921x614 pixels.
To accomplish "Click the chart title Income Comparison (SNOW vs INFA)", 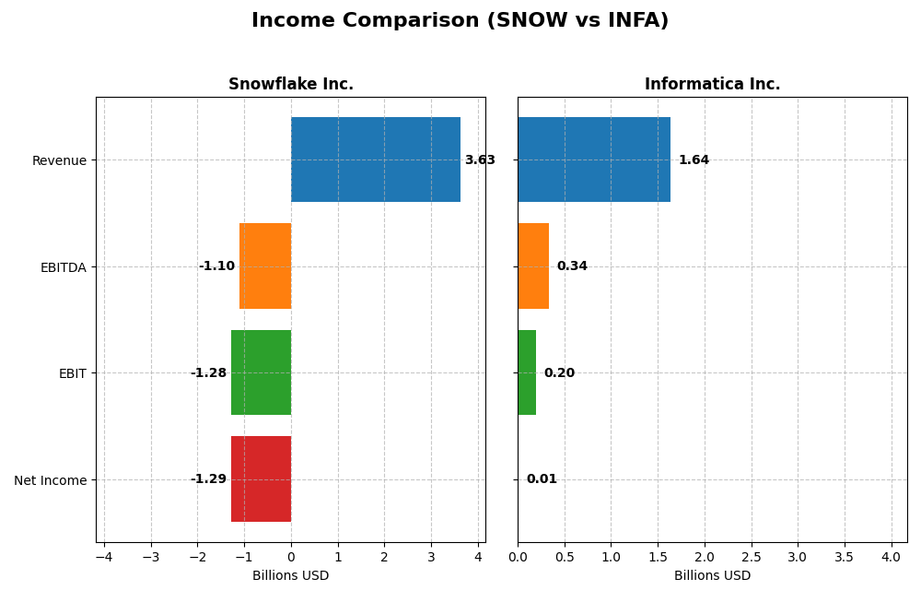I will point(460,20).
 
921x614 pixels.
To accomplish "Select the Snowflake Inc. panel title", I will point(290,84).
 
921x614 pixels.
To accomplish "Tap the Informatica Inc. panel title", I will point(712,84).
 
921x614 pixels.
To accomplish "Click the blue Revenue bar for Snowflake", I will point(376,159).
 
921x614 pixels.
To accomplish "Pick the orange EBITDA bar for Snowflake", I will point(265,266).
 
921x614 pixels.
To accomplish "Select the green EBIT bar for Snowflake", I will point(261,372).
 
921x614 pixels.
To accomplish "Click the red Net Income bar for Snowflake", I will point(261,479).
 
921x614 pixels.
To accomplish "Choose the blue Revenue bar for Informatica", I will point(594,159).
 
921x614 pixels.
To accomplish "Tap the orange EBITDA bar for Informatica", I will point(533,266).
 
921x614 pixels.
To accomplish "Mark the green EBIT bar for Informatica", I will point(527,372).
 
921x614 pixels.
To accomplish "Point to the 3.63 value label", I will point(480,160).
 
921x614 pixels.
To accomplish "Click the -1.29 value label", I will point(208,479).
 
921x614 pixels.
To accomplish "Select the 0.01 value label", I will point(542,479).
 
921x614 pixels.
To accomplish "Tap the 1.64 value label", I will point(694,160).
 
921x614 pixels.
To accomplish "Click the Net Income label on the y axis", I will point(50,480).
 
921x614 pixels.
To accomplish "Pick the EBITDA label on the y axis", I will point(63,267).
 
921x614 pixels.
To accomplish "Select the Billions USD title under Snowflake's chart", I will point(290,576).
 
